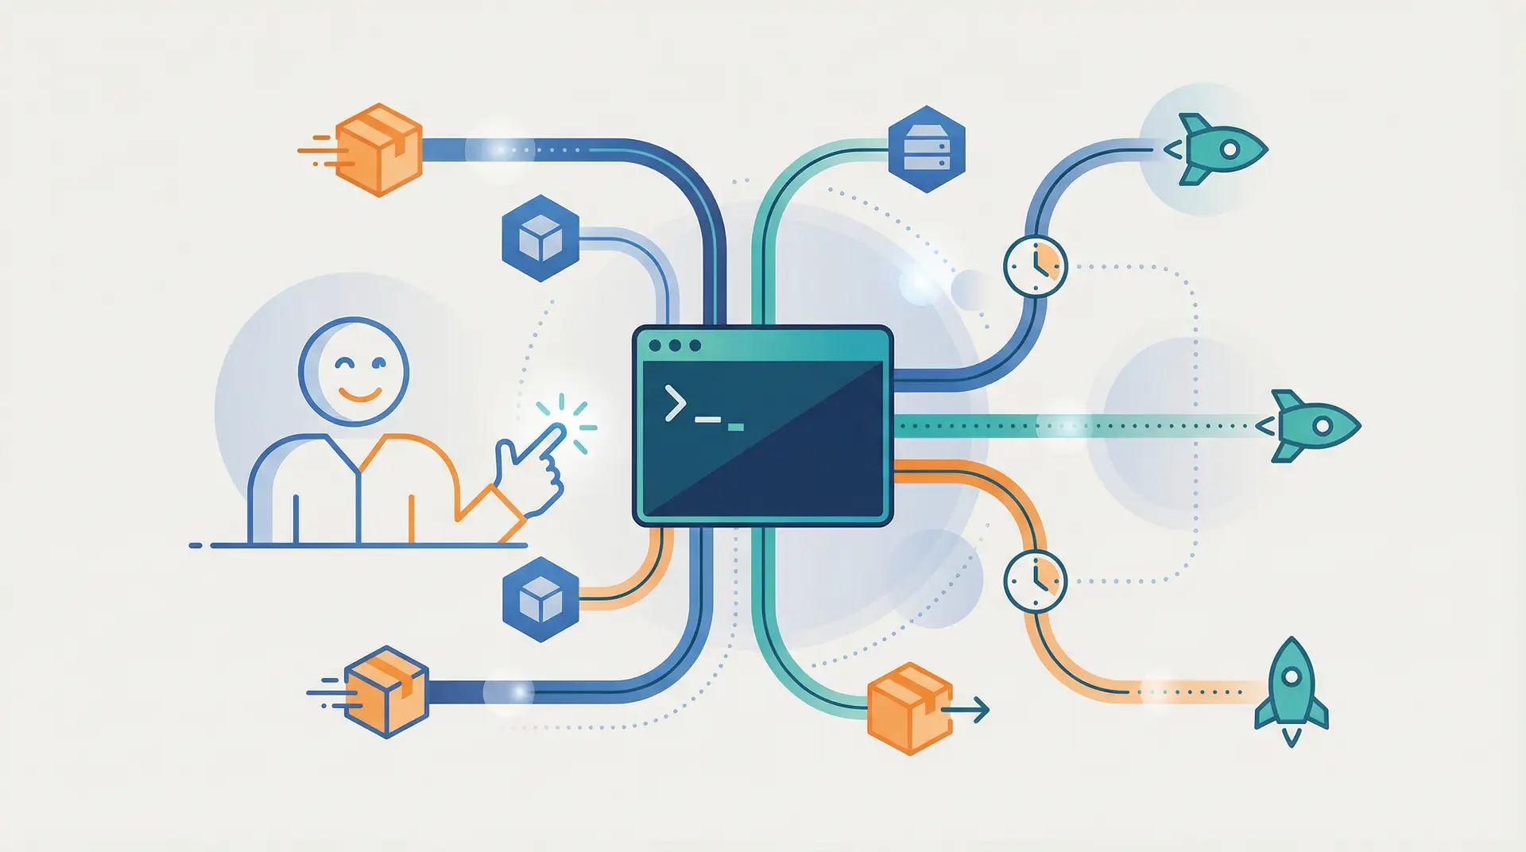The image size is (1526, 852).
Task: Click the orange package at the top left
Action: tap(378, 149)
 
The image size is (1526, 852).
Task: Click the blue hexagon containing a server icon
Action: tap(926, 149)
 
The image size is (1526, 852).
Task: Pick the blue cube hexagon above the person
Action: tap(540, 238)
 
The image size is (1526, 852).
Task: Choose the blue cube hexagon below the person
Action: tap(540, 599)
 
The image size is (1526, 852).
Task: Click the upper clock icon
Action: tap(1035, 266)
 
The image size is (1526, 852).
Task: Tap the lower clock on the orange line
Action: tap(1035, 580)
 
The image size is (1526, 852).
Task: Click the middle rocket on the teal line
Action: tap(1315, 426)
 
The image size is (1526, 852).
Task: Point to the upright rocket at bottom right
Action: tap(1292, 687)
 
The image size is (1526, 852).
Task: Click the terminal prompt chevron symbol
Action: tap(676, 402)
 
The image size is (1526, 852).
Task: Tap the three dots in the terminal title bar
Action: tap(675, 346)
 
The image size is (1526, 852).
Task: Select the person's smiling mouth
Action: tap(359, 393)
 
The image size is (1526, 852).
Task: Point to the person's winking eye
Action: tap(344, 365)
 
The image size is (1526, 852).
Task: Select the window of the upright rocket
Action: tap(1292, 676)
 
